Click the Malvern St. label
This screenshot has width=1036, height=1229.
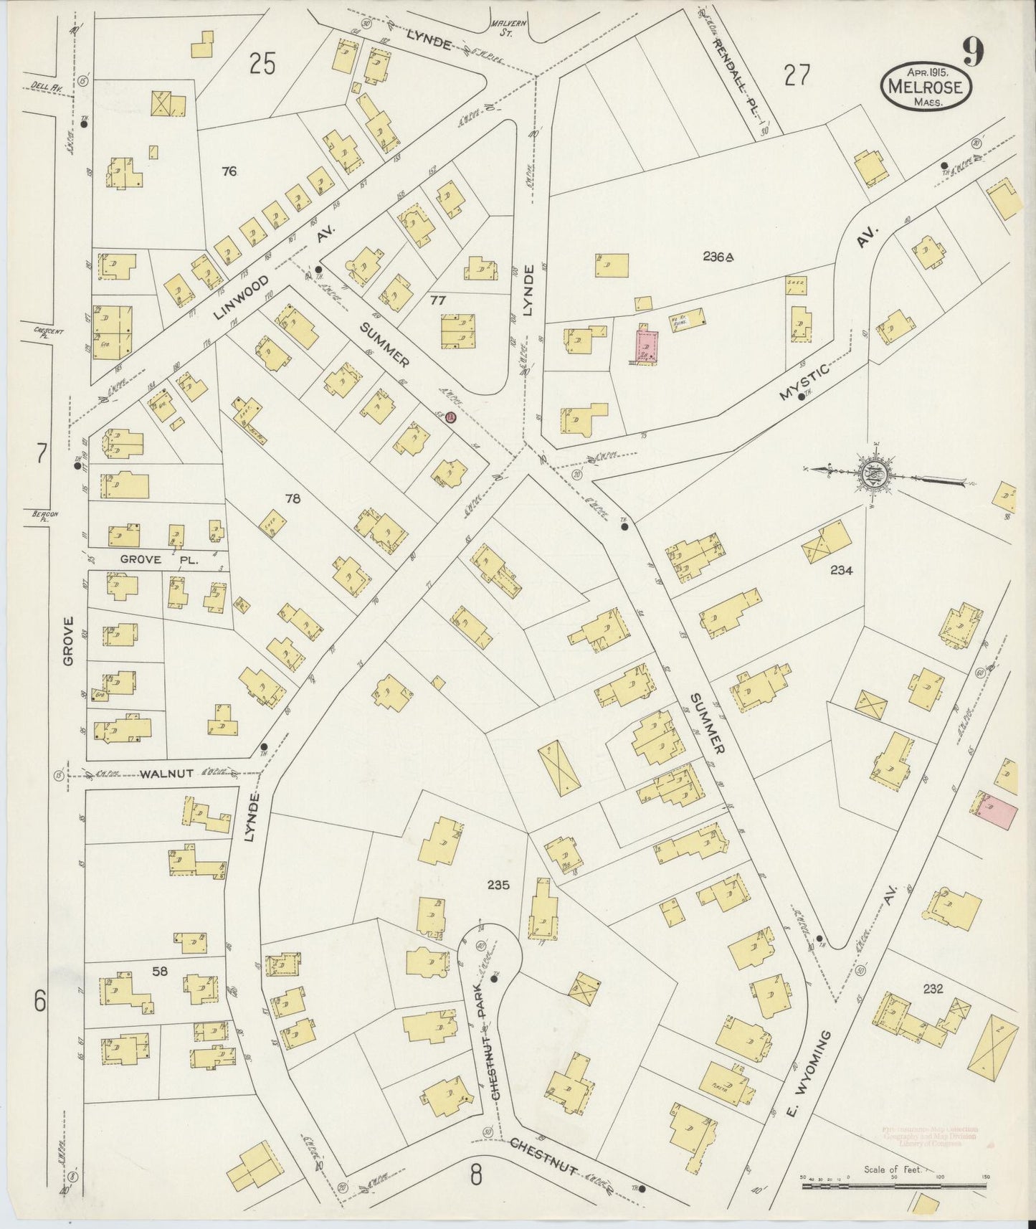coord(507,27)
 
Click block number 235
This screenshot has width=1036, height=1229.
coord(498,886)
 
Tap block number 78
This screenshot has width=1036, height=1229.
coord(293,498)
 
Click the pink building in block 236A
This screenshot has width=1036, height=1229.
coord(648,346)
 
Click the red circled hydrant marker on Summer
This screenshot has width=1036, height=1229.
coord(450,417)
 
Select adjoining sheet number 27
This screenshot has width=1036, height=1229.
coord(797,75)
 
